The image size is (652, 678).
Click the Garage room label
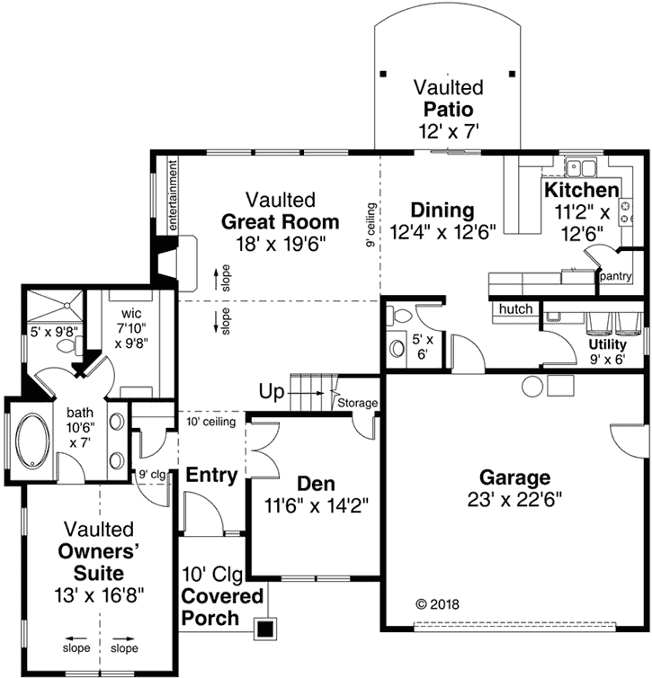click(x=514, y=477)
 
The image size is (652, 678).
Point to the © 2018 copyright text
click(x=436, y=604)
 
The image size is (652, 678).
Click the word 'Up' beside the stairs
click(x=272, y=392)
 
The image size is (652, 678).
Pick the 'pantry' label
click(x=618, y=275)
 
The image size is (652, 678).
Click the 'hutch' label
click(x=515, y=309)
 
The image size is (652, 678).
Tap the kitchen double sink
click(x=584, y=166)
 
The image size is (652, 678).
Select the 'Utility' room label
click(x=607, y=343)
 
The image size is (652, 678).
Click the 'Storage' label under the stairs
click(x=357, y=404)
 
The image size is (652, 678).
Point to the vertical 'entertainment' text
click(x=169, y=197)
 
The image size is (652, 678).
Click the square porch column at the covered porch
click(x=265, y=628)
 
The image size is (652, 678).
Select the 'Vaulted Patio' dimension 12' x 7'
click(x=447, y=130)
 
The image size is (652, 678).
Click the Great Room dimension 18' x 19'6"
click(x=281, y=243)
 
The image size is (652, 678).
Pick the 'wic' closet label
click(x=132, y=315)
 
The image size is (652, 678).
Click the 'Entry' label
click(x=211, y=476)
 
